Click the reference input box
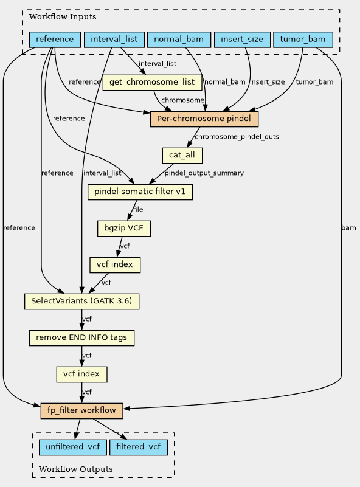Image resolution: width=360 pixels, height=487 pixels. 55,40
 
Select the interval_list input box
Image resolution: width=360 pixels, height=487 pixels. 114,40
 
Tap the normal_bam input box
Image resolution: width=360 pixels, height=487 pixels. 179,40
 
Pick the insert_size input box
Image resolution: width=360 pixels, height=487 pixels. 242,40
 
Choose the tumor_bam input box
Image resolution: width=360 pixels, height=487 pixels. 303,40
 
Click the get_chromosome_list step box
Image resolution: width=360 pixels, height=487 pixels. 152,82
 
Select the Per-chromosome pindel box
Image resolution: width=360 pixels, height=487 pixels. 204,119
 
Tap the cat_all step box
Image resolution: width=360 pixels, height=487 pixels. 182,155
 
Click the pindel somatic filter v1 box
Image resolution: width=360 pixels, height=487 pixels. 140,192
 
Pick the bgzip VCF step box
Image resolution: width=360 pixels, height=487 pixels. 124,228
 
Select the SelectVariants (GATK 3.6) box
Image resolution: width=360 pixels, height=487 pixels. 81,302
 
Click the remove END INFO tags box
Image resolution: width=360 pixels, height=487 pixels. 81,338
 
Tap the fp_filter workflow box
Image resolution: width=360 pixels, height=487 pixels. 81,410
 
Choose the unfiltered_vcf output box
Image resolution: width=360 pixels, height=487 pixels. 73,447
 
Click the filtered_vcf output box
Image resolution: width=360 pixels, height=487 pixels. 139,447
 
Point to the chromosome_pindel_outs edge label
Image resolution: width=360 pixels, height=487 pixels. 237,137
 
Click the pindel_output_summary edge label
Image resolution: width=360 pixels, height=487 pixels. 204,173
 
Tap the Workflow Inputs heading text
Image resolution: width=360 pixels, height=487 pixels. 63,17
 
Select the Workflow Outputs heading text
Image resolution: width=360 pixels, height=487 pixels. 76,469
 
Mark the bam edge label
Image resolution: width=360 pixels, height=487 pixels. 348,227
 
